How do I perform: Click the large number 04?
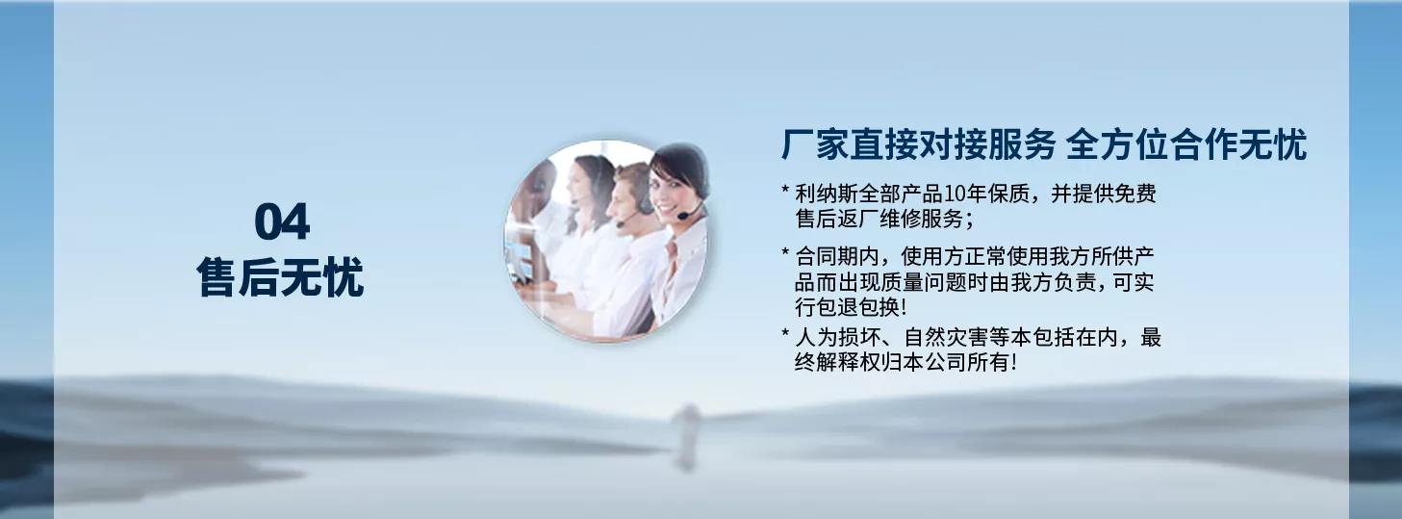(282, 221)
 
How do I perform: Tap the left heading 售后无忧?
(280, 276)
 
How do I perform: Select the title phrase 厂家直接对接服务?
(918, 145)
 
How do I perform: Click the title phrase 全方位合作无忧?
(1186, 145)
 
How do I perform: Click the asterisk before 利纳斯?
(785, 190)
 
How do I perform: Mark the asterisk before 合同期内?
(785, 251)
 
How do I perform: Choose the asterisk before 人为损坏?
(785, 333)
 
